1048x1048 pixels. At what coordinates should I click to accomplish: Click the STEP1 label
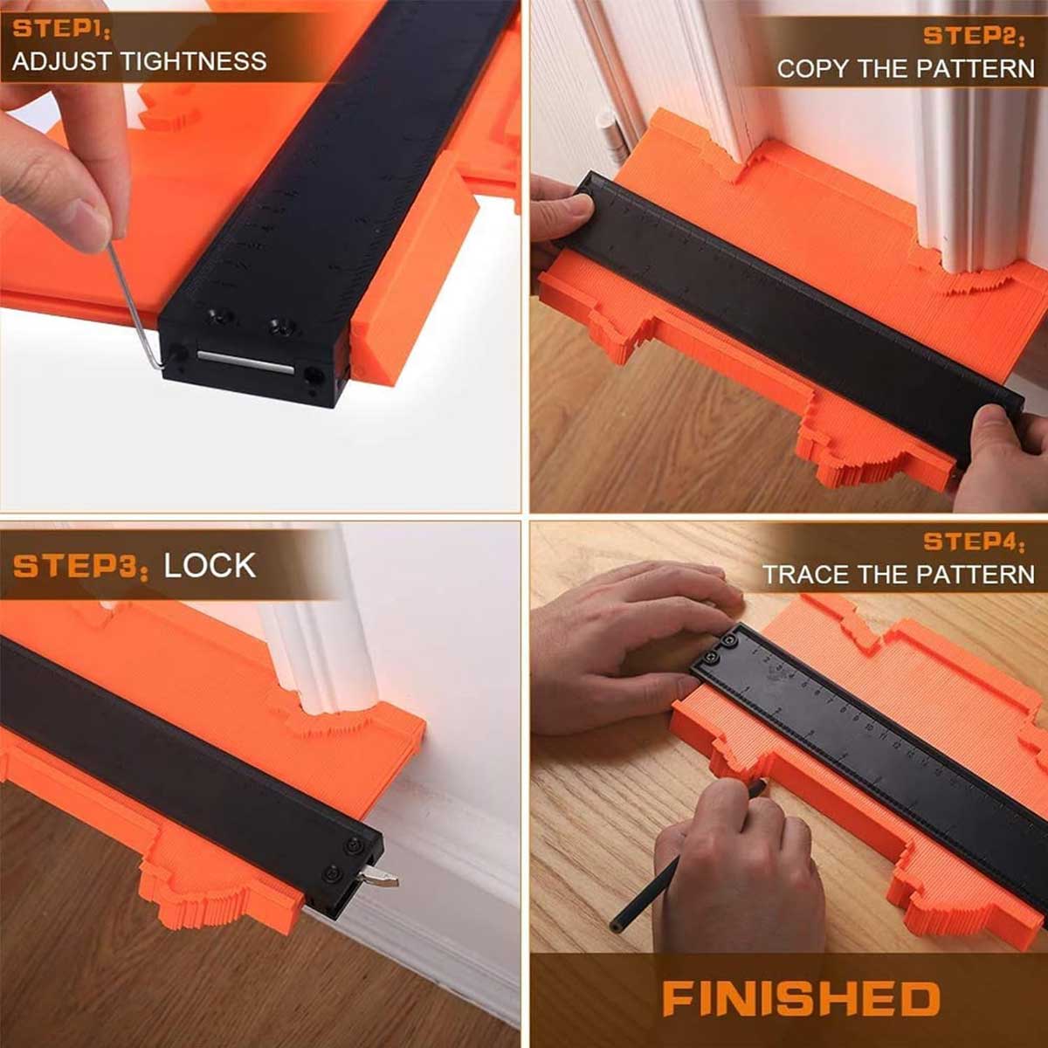tap(62, 30)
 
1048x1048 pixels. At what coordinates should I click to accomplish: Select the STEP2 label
tap(974, 36)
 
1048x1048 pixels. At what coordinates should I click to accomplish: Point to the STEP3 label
tap(80, 566)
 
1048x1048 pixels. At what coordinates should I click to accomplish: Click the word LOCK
tap(210, 566)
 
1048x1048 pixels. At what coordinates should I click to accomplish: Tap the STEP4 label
tap(974, 542)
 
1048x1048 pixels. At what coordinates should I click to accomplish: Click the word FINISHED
tap(801, 998)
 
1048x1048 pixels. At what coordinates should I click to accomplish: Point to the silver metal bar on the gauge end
tap(245, 362)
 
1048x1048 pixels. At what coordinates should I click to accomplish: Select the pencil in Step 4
tap(686, 857)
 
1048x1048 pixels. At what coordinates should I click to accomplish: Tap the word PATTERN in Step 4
tap(975, 575)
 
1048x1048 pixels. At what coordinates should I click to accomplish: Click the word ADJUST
tap(63, 61)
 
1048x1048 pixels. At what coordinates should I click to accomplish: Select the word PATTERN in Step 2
tap(976, 68)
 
